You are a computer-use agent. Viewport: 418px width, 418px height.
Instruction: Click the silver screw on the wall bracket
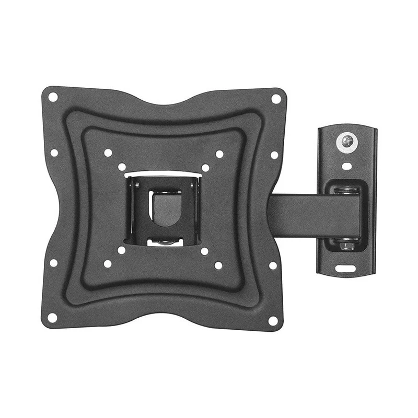(346, 141)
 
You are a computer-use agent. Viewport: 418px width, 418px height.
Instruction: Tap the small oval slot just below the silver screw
(346, 166)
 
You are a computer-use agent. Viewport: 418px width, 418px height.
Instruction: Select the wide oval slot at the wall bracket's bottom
(348, 269)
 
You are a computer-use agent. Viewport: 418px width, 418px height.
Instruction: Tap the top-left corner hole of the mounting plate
(53, 97)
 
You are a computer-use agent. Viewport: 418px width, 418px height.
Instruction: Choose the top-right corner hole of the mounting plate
(276, 98)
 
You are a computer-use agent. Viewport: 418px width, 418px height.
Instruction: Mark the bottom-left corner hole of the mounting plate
(52, 317)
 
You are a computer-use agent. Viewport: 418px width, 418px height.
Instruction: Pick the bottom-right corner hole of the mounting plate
(273, 320)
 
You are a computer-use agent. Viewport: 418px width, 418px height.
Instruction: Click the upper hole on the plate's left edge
(54, 153)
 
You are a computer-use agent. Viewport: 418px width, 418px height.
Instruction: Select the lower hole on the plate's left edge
(54, 263)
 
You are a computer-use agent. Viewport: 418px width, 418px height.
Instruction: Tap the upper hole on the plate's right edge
(274, 155)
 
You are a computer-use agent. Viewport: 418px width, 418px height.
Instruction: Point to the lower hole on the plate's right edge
(273, 265)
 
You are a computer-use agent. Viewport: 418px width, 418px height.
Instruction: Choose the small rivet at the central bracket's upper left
(137, 185)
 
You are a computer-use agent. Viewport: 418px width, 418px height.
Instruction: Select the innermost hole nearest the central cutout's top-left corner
(122, 167)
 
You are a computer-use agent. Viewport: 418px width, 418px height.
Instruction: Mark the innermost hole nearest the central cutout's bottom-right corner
(204, 251)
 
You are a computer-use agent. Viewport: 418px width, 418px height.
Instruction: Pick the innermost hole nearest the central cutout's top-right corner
(206, 168)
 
